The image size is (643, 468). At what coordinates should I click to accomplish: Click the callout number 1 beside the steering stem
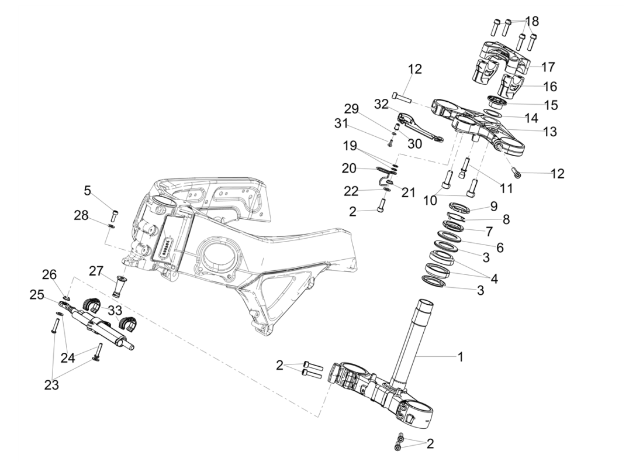pyautogui.click(x=460, y=356)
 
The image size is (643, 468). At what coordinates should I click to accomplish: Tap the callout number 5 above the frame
pyautogui.click(x=88, y=190)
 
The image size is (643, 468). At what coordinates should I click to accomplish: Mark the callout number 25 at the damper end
pyautogui.click(x=36, y=295)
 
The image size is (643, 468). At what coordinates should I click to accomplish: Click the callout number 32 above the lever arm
pyautogui.click(x=381, y=104)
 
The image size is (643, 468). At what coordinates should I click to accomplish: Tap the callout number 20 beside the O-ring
pyautogui.click(x=349, y=168)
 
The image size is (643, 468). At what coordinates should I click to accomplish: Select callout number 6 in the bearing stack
pyautogui.click(x=500, y=247)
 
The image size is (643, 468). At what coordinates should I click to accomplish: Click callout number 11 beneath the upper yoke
pyautogui.click(x=506, y=188)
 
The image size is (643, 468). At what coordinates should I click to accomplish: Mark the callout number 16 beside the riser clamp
pyautogui.click(x=549, y=87)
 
